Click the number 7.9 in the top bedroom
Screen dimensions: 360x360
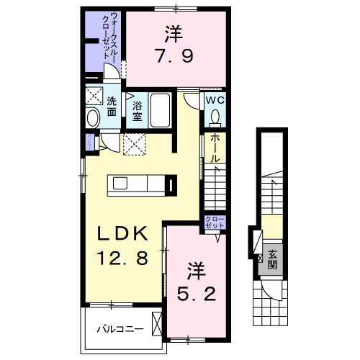[172, 55]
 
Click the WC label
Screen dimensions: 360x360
[215, 101]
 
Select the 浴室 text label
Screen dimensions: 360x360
[137, 109]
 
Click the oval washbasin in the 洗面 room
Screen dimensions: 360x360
[92, 120]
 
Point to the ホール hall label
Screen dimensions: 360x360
[214, 148]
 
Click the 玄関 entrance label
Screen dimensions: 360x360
[274, 259]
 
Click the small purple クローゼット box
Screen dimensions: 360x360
[215, 222]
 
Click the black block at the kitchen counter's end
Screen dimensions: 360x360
[169, 185]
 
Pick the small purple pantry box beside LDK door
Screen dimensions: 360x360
[89, 140]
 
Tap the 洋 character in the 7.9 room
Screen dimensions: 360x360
[172, 32]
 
